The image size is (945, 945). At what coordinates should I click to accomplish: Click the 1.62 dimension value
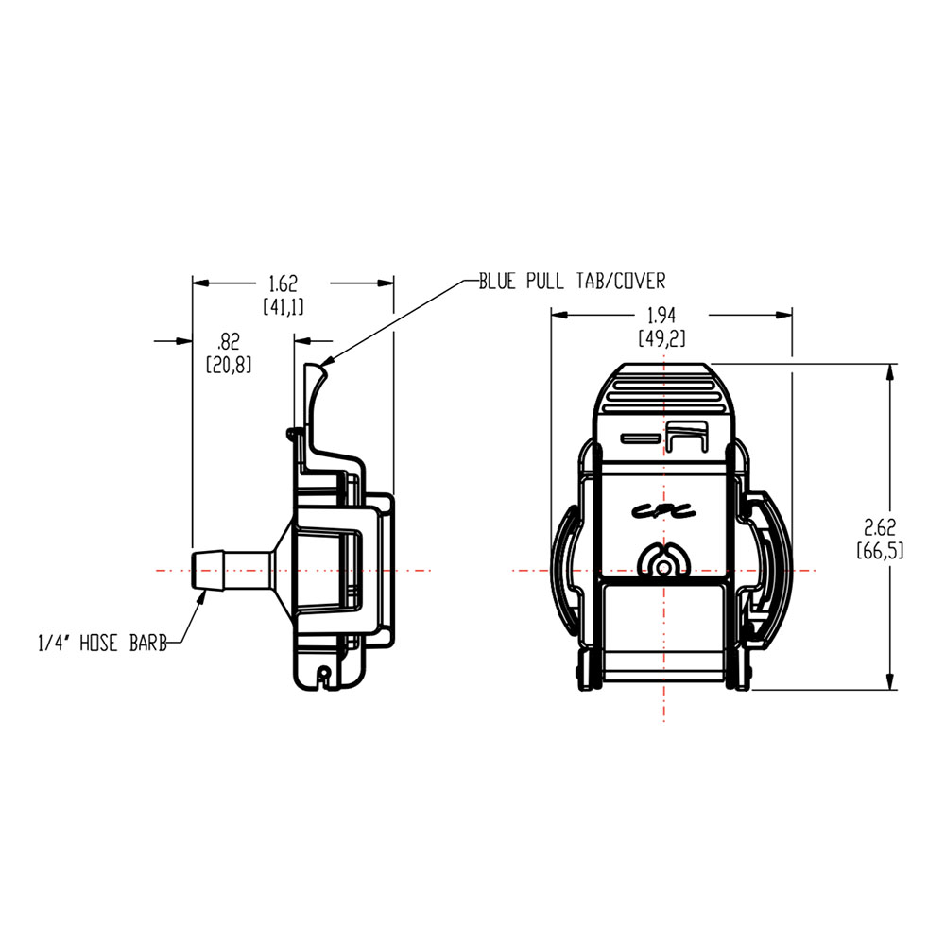[283, 283]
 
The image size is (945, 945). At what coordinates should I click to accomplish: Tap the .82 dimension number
[229, 341]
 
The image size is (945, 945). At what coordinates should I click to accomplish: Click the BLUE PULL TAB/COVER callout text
[572, 281]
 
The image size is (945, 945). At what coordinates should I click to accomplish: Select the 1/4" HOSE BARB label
[102, 644]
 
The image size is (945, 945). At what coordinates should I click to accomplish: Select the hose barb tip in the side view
[200, 571]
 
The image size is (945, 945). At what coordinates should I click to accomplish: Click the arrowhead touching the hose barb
[200, 597]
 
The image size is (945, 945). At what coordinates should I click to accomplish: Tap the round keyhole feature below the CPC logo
[667, 561]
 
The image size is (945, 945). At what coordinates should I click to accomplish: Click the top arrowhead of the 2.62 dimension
[889, 372]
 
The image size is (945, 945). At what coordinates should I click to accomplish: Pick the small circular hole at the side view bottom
[324, 673]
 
